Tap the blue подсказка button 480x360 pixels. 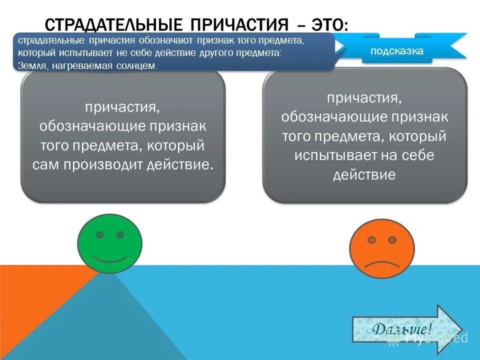tap(396, 51)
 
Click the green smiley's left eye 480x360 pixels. tap(100, 234)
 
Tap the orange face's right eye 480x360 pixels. tap(392, 240)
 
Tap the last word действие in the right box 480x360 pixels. tap(364, 174)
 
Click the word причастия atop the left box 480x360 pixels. tap(122, 107)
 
